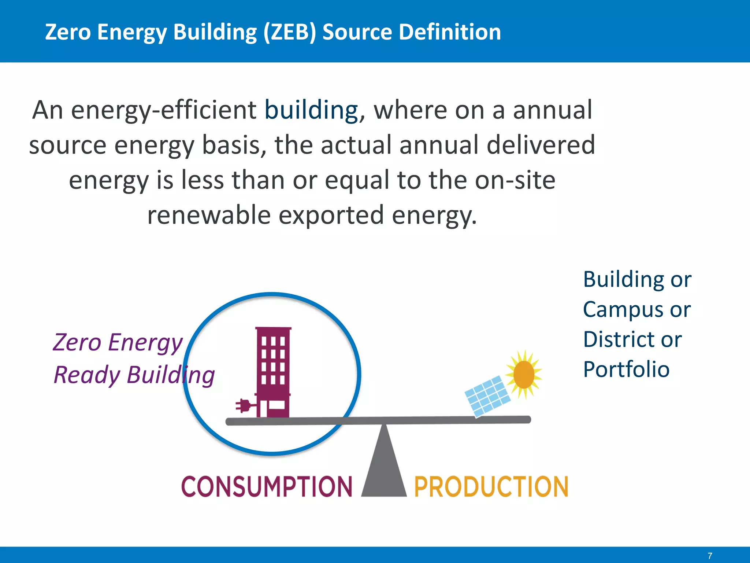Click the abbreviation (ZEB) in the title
289,32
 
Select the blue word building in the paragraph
311,110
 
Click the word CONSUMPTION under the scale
267,487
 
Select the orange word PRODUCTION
491,487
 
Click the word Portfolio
626,369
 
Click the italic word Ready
86,375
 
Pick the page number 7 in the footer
710,556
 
